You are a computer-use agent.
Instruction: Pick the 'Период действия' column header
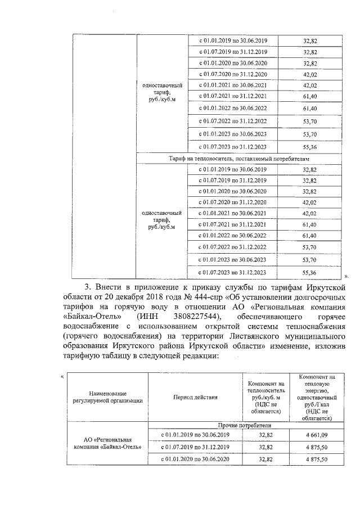(x=195, y=397)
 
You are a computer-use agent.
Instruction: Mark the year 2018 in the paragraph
(x=159, y=298)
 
